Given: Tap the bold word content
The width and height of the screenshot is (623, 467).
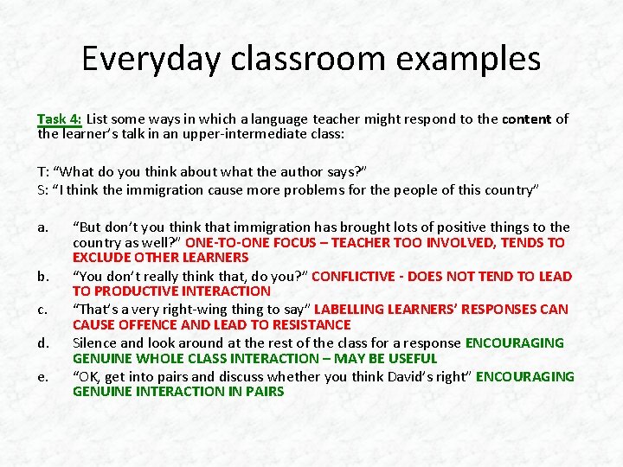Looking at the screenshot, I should [526, 118].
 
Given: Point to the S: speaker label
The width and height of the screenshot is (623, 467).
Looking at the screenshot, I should [42, 189].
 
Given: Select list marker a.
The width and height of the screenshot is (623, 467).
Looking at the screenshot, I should [42, 227].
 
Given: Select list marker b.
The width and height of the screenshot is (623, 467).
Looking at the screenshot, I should [42, 277].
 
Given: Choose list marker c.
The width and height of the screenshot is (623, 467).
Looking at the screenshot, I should [42, 310].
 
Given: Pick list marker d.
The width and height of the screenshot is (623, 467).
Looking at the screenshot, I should [42, 342].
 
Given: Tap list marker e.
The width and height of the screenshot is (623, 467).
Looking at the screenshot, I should [42, 376].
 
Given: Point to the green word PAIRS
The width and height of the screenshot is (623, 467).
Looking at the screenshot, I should [263, 392].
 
